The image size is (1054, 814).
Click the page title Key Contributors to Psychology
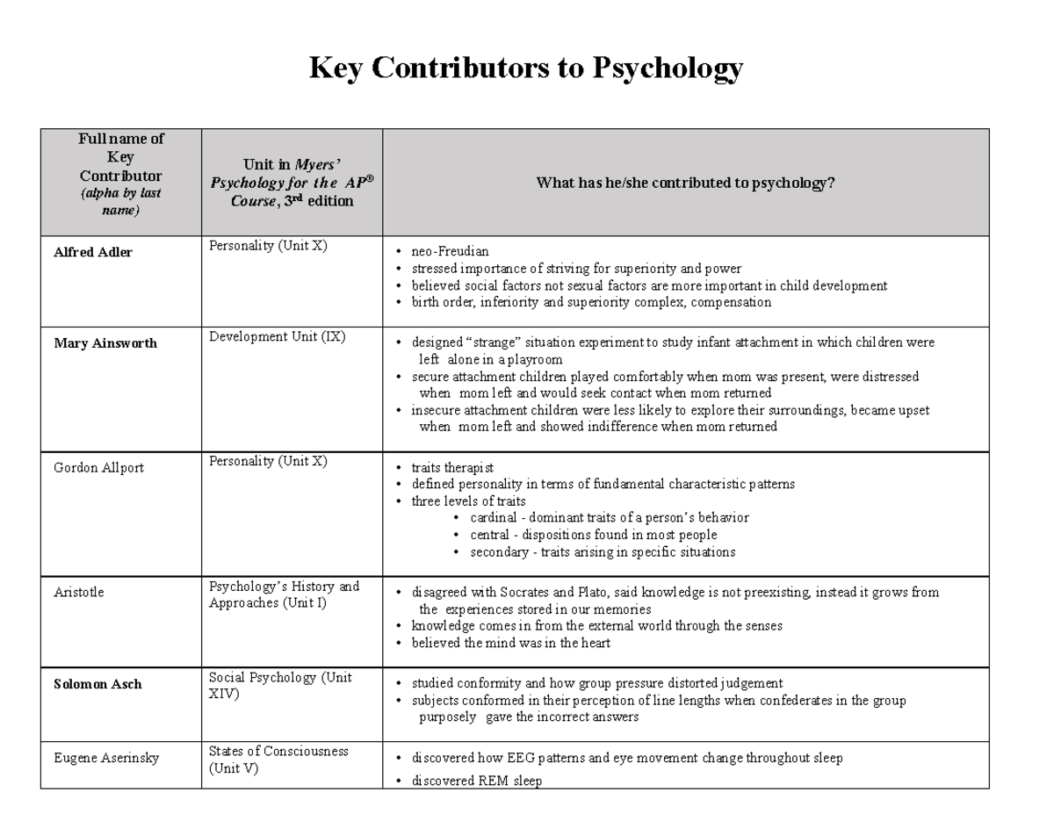[526, 68]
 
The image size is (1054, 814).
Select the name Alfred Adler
[93, 253]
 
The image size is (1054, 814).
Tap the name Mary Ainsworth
[105, 343]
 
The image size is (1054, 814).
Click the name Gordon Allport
[98, 468]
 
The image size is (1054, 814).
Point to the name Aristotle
[79, 593]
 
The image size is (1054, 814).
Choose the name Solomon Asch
[97, 685]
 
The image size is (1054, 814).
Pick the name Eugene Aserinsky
[106, 758]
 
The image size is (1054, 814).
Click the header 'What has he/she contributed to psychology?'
[685, 184]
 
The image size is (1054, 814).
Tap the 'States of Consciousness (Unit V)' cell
[278, 760]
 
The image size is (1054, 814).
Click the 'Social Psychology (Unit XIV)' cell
[278, 686]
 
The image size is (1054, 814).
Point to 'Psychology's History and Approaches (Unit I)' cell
[284, 594]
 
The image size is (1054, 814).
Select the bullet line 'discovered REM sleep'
[476, 781]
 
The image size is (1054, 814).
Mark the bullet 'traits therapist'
[452, 468]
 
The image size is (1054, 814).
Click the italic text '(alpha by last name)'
[121, 201]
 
